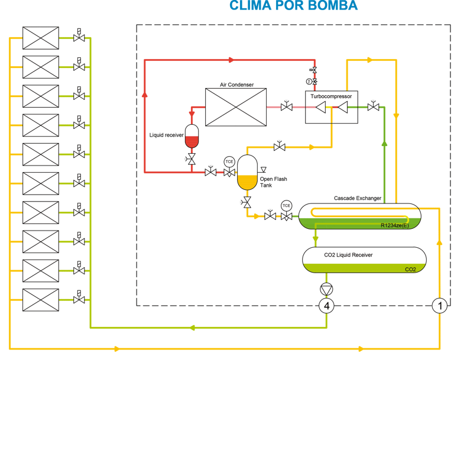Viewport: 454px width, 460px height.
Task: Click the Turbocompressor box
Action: (x=331, y=107)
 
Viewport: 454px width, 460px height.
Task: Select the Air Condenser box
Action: (x=235, y=106)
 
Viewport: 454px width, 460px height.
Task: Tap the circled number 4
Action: (x=326, y=306)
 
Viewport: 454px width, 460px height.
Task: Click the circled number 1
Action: (x=439, y=306)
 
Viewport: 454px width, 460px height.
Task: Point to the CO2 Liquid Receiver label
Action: (x=348, y=255)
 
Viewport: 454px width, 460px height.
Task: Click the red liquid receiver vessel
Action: (x=192, y=137)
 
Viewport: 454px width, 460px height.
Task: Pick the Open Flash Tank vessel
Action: (x=247, y=172)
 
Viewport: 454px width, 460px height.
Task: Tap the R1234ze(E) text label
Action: (x=395, y=225)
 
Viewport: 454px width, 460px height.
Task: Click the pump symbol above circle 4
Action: (x=326, y=289)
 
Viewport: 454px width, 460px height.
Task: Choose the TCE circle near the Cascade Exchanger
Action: (x=286, y=206)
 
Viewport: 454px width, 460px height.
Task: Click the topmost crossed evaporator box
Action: (x=41, y=38)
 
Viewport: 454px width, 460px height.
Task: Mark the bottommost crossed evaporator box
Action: (x=41, y=300)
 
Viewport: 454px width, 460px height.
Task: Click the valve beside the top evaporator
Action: (x=79, y=38)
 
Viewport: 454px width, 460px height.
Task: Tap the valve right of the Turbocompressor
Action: (x=373, y=107)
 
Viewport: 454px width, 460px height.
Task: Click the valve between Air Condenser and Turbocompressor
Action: (x=286, y=107)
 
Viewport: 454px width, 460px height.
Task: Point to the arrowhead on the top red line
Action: (x=230, y=60)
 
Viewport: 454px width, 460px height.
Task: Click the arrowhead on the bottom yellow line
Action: (x=116, y=349)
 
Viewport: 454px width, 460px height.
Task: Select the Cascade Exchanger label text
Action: (x=357, y=198)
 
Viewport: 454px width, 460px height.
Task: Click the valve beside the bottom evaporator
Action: (x=79, y=300)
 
